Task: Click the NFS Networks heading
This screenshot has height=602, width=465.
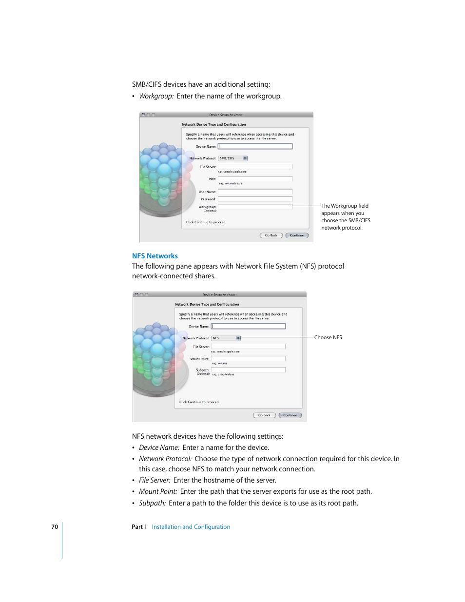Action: click(x=155, y=256)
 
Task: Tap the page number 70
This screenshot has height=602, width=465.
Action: click(x=55, y=527)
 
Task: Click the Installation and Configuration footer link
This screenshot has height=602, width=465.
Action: click(x=191, y=527)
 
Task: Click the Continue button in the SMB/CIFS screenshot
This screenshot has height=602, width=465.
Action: click(x=297, y=235)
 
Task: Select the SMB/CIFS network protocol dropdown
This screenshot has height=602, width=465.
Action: click(x=232, y=158)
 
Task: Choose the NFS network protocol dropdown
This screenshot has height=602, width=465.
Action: click(x=226, y=338)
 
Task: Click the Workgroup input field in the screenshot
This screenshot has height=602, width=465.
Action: click(x=255, y=207)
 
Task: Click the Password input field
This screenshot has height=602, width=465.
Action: click(x=255, y=199)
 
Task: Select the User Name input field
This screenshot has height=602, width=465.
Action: click(x=255, y=192)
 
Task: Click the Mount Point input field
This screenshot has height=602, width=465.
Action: click(x=248, y=358)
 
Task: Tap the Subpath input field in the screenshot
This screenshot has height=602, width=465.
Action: click(x=248, y=370)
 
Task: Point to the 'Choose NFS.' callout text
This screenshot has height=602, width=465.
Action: click(x=329, y=337)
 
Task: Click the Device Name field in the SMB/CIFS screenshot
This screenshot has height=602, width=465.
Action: click(x=255, y=146)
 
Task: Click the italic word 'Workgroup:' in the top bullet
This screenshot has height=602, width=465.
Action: click(x=156, y=96)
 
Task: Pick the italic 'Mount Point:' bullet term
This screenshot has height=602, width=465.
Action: click(x=158, y=491)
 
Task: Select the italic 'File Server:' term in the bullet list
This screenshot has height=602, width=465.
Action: click(x=155, y=480)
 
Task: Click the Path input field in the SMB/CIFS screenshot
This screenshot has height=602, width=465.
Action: click(x=255, y=178)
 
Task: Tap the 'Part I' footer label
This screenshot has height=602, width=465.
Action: click(x=138, y=527)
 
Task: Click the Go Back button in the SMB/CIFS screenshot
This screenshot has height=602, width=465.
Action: click(x=271, y=235)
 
